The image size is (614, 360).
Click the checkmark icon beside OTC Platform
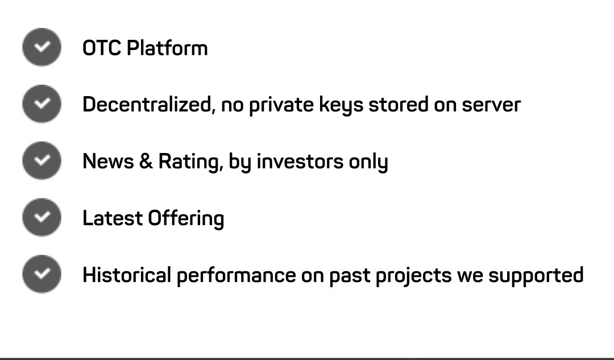tap(42, 47)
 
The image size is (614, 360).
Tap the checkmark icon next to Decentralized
tap(42, 104)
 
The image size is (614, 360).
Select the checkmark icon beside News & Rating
tap(42, 160)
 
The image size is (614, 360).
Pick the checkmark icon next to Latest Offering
tap(42, 217)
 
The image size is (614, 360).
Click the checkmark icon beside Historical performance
tap(42, 274)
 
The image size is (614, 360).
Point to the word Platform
tap(167, 48)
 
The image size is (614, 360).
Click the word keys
tap(341, 106)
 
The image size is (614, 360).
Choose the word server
tap(491, 105)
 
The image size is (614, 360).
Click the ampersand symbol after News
tap(146, 162)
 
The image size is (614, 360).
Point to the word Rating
tap(190, 162)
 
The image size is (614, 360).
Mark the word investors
tap(300, 162)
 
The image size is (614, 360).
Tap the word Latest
tap(113, 218)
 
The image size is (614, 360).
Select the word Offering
tap(186, 219)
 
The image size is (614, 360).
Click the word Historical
tap(127, 275)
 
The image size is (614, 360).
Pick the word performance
tap(236, 276)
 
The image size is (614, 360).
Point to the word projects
tap(413, 276)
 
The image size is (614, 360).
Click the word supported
tap(536, 276)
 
